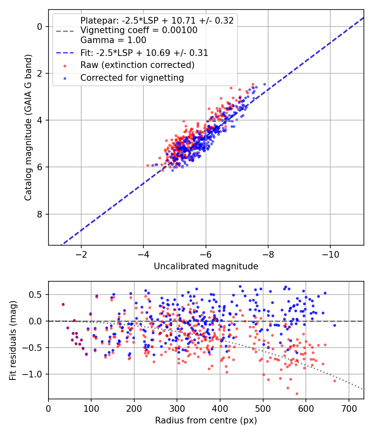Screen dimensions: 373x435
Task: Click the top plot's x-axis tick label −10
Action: [330, 254]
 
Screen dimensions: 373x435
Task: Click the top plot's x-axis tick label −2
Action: [81, 254]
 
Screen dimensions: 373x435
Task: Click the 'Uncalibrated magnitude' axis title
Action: [206, 266]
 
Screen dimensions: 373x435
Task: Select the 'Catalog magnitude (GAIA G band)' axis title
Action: [28, 127]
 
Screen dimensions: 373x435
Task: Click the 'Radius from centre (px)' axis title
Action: [206, 420]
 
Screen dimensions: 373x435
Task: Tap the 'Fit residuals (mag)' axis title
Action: [13, 341]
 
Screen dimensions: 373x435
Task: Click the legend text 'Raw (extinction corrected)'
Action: [137, 65]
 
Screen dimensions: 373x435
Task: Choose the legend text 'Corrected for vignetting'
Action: [132, 78]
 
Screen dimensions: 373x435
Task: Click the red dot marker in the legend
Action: [65, 66]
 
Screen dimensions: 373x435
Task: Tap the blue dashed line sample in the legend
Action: [65, 53]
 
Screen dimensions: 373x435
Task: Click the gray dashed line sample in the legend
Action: [65, 31]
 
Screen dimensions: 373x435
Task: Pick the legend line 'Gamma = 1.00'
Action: [113, 40]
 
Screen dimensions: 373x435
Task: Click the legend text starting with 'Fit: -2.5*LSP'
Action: [144, 53]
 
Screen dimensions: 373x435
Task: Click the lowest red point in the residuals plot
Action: [297, 394]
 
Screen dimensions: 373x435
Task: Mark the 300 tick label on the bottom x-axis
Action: [177, 408]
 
